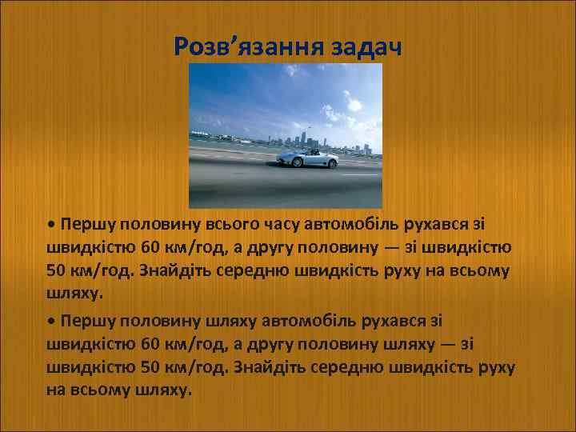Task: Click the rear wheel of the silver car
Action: [298, 163]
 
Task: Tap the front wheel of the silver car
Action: [330, 163]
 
